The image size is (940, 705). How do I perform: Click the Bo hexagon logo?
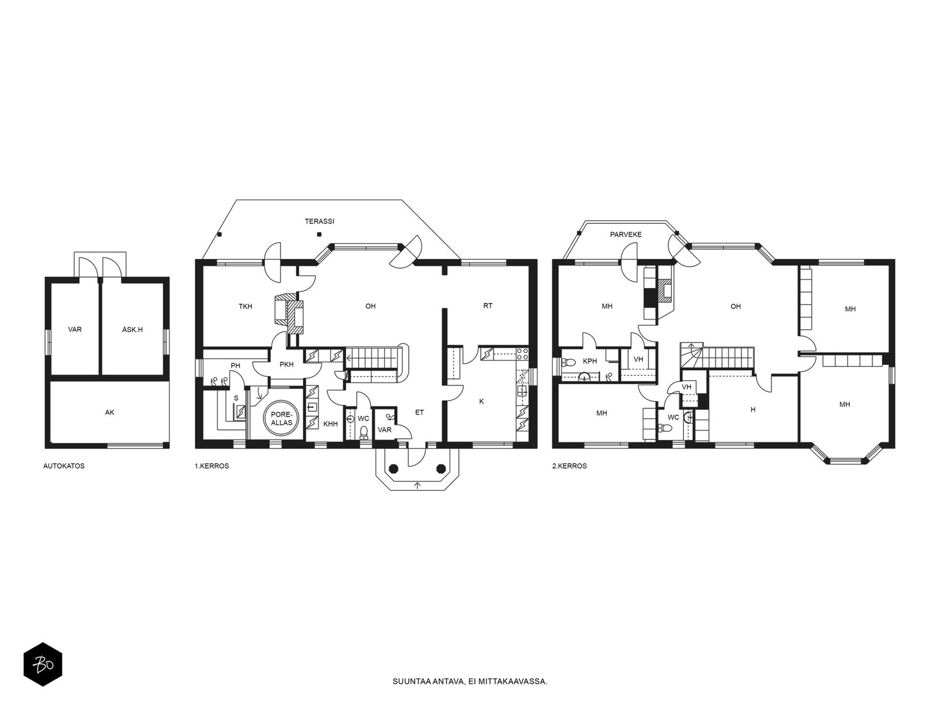(x=43, y=664)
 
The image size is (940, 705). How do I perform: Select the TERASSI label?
(x=320, y=221)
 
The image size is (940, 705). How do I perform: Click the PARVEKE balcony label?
(x=626, y=234)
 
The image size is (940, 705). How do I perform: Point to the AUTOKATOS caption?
(x=64, y=466)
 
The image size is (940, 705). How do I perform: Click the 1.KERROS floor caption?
(x=211, y=466)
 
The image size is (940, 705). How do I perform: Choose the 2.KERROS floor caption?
(x=569, y=466)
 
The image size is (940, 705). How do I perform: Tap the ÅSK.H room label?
(x=132, y=329)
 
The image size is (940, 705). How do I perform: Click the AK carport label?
(x=110, y=412)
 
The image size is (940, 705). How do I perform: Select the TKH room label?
(x=246, y=306)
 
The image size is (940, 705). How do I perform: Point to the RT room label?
(x=488, y=305)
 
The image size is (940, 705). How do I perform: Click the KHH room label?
(x=331, y=424)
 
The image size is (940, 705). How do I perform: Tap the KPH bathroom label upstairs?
(x=590, y=361)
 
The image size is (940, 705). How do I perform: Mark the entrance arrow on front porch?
(x=418, y=485)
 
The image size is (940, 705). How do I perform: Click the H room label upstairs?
(x=753, y=409)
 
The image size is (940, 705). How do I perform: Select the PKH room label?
(x=287, y=365)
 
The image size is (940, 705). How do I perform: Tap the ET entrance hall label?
(x=419, y=412)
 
